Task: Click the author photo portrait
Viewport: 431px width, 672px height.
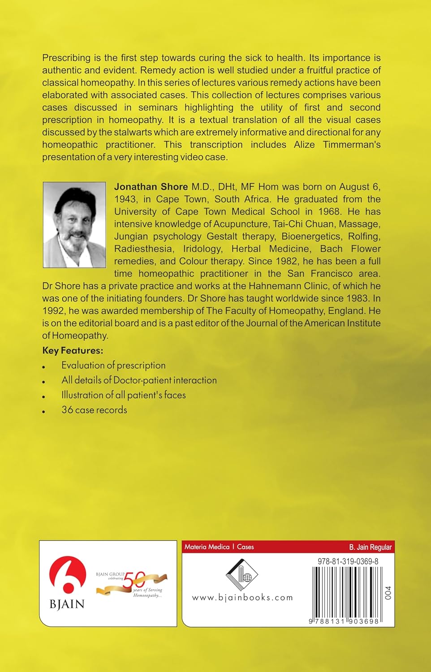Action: (x=74, y=224)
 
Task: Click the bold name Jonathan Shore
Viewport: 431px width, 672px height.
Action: (x=151, y=187)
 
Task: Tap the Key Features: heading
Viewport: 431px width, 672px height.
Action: (x=73, y=350)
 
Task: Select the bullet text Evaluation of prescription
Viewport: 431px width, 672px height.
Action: (x=113, y=365)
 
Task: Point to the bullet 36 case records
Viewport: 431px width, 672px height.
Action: (x=94, y=409)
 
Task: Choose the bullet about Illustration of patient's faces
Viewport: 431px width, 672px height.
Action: (x=123, y=395)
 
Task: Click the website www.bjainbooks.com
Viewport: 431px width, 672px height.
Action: (x=242, y=597)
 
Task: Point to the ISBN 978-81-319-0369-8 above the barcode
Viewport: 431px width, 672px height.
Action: (x=348, y=561)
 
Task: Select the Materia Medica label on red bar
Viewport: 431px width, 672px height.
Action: (x=207, y=547)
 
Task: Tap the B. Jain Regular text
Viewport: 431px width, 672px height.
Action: (x=370, y=547)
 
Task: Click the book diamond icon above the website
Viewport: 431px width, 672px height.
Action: (x=241, y=575)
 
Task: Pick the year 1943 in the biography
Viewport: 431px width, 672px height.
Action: (x=125, y=199)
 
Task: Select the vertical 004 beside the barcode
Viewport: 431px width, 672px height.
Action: (x=388, y=593)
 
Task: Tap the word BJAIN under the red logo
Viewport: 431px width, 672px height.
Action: (x=67, y=604)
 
